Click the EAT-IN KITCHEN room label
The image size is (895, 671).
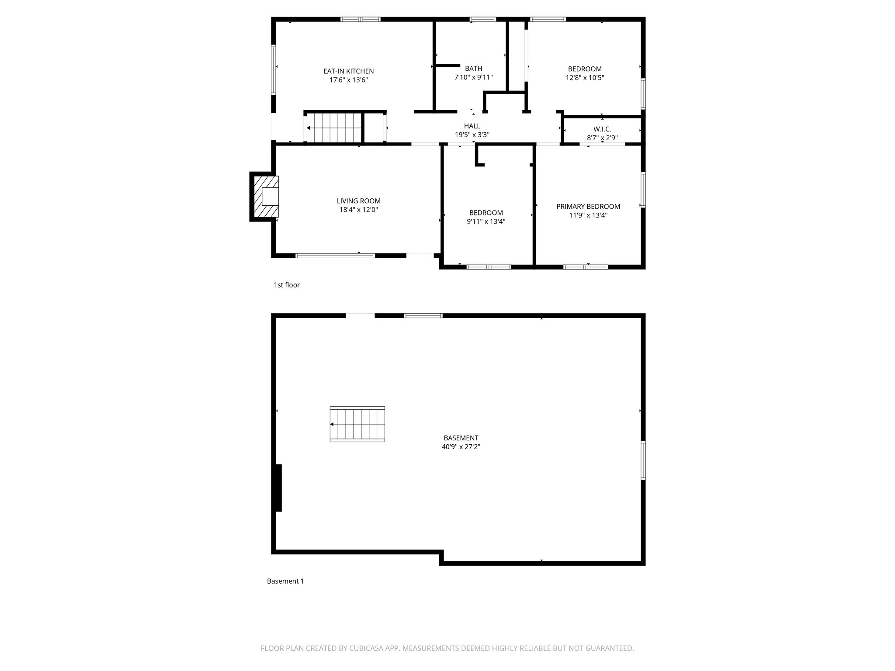pos(348,71)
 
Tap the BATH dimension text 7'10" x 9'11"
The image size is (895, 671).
pos(473,77)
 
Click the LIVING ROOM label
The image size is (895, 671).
pos(358,201)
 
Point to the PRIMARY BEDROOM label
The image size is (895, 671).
pos(588,207)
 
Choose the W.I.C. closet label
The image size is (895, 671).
pos(602,129)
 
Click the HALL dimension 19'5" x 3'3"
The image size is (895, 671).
pos(472,135)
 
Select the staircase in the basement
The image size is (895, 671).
pos(357,424)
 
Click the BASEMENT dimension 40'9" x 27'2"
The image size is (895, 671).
pos(461,447)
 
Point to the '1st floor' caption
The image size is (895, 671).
pos(287,285)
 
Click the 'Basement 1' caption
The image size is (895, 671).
pos(285,581)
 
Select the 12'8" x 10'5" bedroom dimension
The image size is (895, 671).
pos(585,78)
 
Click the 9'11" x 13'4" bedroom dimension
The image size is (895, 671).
pos(486,221)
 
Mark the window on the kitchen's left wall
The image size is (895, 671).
pos(274,70)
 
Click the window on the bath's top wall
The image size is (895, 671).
pos(482,19)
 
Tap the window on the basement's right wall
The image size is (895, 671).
pos(643,460)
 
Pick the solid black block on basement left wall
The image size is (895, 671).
pos(278,488)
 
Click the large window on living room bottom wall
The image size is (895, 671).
pos(335,256)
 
